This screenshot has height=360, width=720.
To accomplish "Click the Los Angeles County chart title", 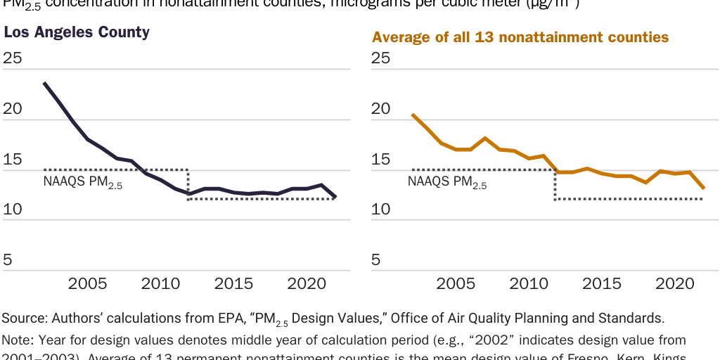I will click(x=77, y=32).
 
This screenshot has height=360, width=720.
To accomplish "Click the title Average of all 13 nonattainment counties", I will click(x=520, y=37).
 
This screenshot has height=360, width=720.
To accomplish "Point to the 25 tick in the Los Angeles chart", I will click(x=13, y=58).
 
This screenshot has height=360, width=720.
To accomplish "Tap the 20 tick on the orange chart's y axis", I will click(x=380, y=109).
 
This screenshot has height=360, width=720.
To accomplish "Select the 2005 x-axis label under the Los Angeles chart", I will click(x=87, y=284).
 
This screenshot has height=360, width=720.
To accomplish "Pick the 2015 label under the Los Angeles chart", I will click(x=233, y=284).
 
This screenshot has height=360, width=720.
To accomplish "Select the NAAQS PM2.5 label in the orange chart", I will click(x=447, y=183).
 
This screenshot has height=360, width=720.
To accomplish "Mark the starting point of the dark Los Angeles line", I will click(x=44, y=83).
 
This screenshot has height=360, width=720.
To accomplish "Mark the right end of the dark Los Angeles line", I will click(x=335, y=198).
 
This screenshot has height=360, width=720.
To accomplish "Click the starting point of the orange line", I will click(x=412, y=115).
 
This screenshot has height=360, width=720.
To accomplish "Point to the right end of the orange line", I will click(x=704, y=188).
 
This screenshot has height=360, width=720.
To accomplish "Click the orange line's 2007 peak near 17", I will click(x=485, y=138).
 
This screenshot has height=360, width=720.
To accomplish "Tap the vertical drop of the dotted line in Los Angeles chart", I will click(x=188, y=184).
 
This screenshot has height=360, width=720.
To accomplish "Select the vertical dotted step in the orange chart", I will click(x=555, y=184).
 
